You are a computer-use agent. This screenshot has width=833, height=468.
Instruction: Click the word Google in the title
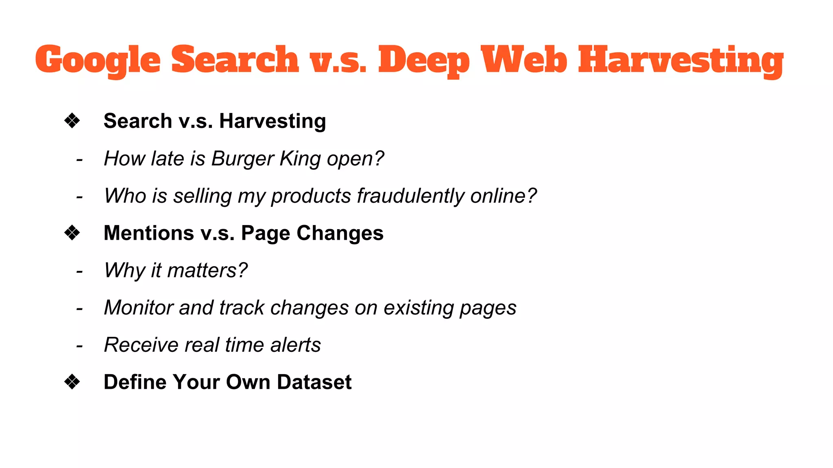98,60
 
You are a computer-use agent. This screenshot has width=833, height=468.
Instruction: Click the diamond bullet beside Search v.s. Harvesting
72,121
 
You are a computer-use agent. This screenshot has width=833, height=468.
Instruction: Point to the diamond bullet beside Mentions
72,233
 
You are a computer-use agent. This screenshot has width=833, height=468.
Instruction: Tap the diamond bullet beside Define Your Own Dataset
72,382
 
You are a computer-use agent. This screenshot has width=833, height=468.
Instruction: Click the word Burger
242,158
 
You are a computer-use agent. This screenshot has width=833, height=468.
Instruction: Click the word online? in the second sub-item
504,196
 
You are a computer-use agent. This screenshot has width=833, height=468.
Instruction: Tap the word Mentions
149,233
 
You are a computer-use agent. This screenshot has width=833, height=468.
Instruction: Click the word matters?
207,270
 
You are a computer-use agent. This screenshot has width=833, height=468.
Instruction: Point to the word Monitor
139,308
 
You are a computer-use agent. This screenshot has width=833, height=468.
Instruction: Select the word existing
419,308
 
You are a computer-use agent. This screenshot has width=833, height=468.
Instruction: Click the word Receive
141,345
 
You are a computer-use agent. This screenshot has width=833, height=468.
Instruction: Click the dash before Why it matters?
79,271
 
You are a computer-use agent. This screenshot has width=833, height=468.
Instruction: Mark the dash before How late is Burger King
79,159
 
